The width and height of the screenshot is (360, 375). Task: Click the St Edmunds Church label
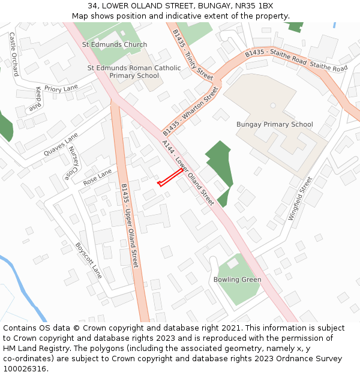pyautogui.click(x=114, y=44)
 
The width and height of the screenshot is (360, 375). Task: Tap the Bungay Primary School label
pyautogui.click(x=274, y=124)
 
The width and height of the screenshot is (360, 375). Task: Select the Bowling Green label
pyautogui.click(x=237, y=280)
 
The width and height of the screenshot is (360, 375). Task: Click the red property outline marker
pyautogui.click(x=170, y=178)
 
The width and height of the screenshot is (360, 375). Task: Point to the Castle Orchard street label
pyautogui.click(x=14, y=54)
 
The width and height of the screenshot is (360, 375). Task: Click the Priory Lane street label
pyautogui.click(x=61, y=89)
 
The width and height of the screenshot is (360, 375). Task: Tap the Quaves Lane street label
pyautogui.click(x=61, y=145)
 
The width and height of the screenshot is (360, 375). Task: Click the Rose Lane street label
pyautogui.click(x=97, y=176)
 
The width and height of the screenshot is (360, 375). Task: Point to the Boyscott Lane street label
pyautogui.click(x=88, y=260)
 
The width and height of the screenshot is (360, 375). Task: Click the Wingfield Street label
pyautogui.click(x=300, y=198)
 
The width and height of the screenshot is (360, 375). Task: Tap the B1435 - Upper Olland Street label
pyautogui.click(x=129, y=225)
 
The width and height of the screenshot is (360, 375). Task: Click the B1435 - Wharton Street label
pyautogui.click(x=191, y=111)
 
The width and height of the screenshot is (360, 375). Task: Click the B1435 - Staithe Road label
pyautogui.click(x=276, y=58)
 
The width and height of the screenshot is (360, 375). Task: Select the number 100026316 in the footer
pyautogui.click(x=25, y=368)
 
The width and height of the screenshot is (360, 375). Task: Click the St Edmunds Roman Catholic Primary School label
pyautogui.click(x=134, y=72)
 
